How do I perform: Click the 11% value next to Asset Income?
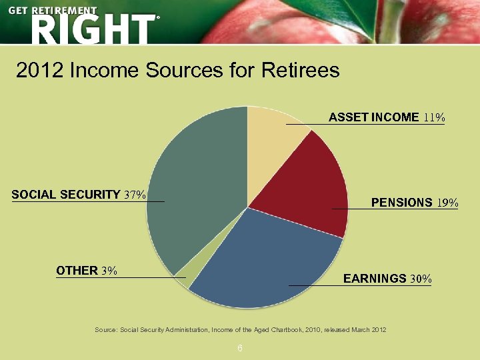pyautogui.click(x=433, y=117)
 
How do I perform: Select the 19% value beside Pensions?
pyautogui.click(x=447, y=203)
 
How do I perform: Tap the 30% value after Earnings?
pyautogui.click(x=421, y=278)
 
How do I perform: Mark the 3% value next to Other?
pyautogui.click(x=109, y=271)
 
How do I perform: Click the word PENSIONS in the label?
pyautogui.click(x=401, y=203)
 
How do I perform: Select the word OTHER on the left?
pyautogui.click(x=77, y=271)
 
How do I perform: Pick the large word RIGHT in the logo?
pyautogui.click(x=92, y=29)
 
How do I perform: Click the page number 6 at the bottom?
pyautogui.click(x=239, y=349)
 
